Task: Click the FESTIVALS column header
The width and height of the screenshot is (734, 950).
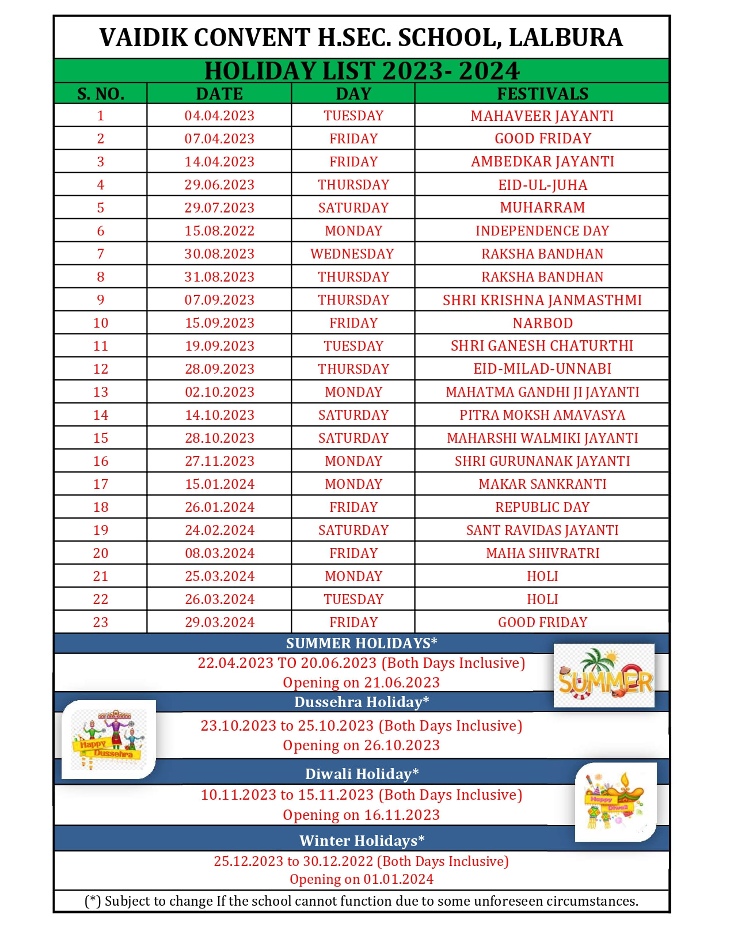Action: click(542, 93)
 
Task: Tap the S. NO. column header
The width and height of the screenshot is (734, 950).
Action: click(101, 93)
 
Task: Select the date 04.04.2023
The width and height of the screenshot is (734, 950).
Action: click(219, 116)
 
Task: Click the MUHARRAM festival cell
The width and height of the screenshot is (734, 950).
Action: click(542, 207)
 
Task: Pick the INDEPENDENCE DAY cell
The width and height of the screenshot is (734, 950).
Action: click(542, 231)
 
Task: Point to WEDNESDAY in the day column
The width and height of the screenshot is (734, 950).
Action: click(352, 254)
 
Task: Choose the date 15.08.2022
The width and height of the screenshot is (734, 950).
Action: click(219, 231)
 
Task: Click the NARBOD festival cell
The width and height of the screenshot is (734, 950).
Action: click(542, 323)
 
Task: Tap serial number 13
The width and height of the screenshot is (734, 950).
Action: click(101, 392)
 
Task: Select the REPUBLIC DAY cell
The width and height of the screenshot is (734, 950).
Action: click(542, 507)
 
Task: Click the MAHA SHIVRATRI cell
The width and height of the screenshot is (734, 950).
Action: click(542, 553)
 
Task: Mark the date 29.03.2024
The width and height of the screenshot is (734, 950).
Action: click(219, 622)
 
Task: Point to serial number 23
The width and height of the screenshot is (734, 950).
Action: click(101, 622)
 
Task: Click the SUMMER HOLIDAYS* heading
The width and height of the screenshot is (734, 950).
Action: click(362, 643)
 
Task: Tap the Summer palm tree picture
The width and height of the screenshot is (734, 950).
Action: click(604, 675)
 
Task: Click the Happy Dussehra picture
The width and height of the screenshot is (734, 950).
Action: click(108, 739)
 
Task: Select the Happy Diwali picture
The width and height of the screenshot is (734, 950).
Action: click(615, 801)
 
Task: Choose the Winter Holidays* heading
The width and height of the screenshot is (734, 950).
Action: click(362, 841)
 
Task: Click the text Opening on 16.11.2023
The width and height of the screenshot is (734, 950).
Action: click(361, 815)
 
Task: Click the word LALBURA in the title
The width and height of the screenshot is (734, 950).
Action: click(565, 38)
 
